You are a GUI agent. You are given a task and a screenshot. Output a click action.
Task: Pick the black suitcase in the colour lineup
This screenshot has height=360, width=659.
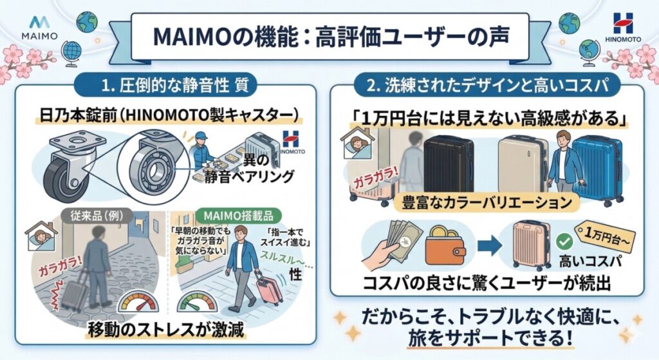pos(448,164)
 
